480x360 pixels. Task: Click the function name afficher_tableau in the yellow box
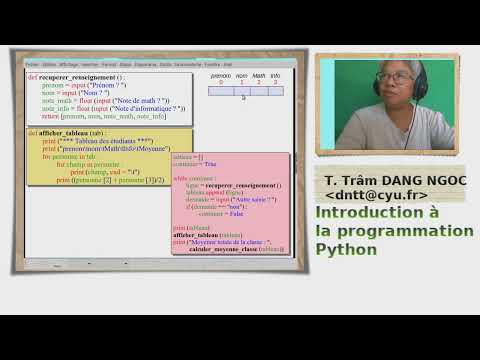66,133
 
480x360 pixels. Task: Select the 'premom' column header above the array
220,75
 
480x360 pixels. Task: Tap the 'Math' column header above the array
258,75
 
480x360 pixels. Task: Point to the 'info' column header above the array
275,75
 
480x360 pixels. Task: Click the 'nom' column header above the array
240,75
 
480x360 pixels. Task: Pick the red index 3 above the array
275,81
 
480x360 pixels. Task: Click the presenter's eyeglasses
393,76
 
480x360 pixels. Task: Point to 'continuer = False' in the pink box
224,213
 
